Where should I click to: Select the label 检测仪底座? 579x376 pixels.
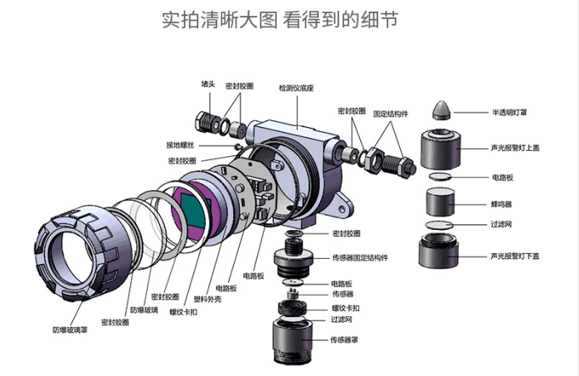coord(295,87)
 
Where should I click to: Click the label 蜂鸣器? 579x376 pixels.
coord(503,203)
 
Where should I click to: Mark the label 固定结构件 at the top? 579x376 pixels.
coord(390,110)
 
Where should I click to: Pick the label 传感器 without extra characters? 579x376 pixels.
coord(343,294)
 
